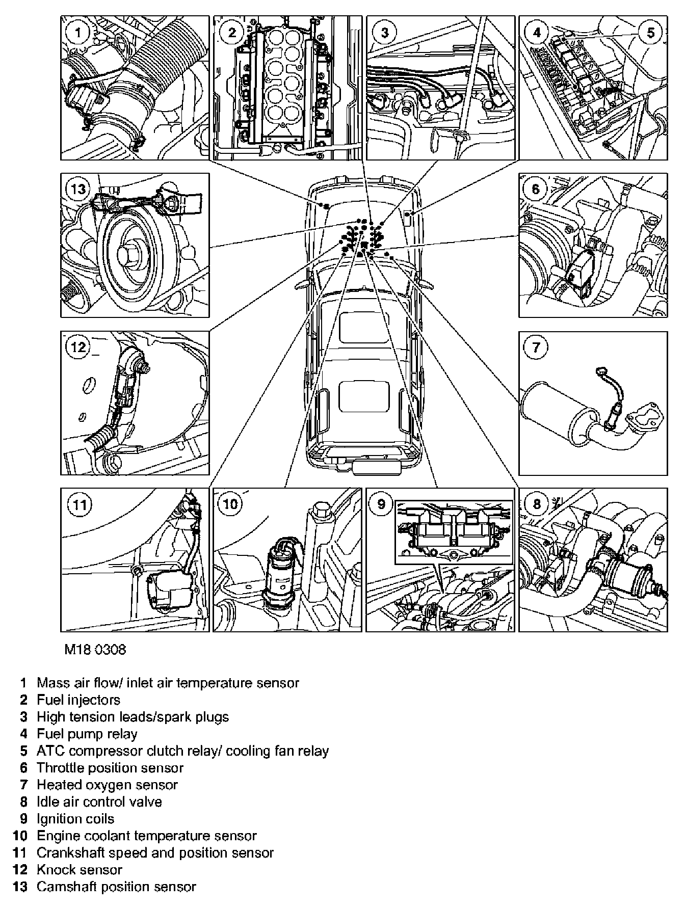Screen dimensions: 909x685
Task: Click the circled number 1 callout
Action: pos(78,33)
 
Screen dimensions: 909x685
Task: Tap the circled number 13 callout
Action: pos(79,190)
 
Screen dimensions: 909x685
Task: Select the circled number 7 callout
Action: pos(536,347)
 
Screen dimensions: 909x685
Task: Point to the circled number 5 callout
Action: pos(651,33)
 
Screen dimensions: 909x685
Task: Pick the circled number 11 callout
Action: pos(80,505)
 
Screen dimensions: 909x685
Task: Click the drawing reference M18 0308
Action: pos(95,650)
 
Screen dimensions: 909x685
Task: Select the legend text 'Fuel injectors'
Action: pos(78,700)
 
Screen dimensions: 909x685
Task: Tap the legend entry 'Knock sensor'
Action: pos(80,869)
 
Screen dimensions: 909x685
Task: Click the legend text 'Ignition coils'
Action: pos(75,819)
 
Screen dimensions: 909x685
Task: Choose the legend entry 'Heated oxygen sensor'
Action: pos(107,785)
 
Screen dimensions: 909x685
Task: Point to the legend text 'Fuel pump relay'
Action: pos(87,734)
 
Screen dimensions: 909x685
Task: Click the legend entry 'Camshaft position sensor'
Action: pos(116,887)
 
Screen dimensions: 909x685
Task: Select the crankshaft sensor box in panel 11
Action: pos(168,590)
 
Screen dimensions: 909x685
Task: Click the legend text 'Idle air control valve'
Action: pos(99,801)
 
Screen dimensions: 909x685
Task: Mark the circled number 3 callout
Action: pos(385,33)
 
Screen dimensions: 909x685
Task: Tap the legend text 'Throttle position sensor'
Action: pos(110,767)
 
